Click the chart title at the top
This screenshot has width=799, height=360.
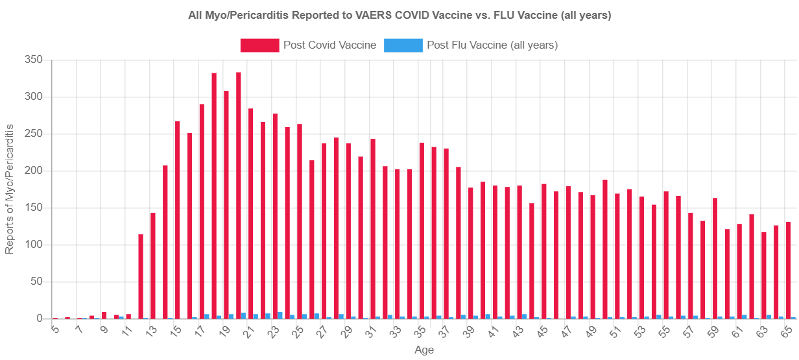click(399, 16)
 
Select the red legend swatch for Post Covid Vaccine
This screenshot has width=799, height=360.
click(259, 45)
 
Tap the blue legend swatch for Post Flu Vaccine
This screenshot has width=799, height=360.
click(403, 45)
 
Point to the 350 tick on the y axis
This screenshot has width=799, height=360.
click(34, 60)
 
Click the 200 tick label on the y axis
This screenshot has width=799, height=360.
click(34, 171)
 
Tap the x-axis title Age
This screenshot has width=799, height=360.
click(424, 350)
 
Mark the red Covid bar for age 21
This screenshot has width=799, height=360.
click(251, 213)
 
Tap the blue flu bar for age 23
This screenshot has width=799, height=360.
click(280, 316)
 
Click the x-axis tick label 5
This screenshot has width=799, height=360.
click(55, 330)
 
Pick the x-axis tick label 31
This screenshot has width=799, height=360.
click(372, 331)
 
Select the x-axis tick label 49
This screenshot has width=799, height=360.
click(591, 331)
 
